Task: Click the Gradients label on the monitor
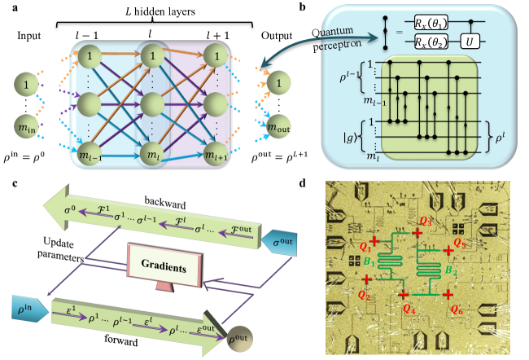tap(160, 268)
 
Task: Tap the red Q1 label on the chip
tap(364, 241)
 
